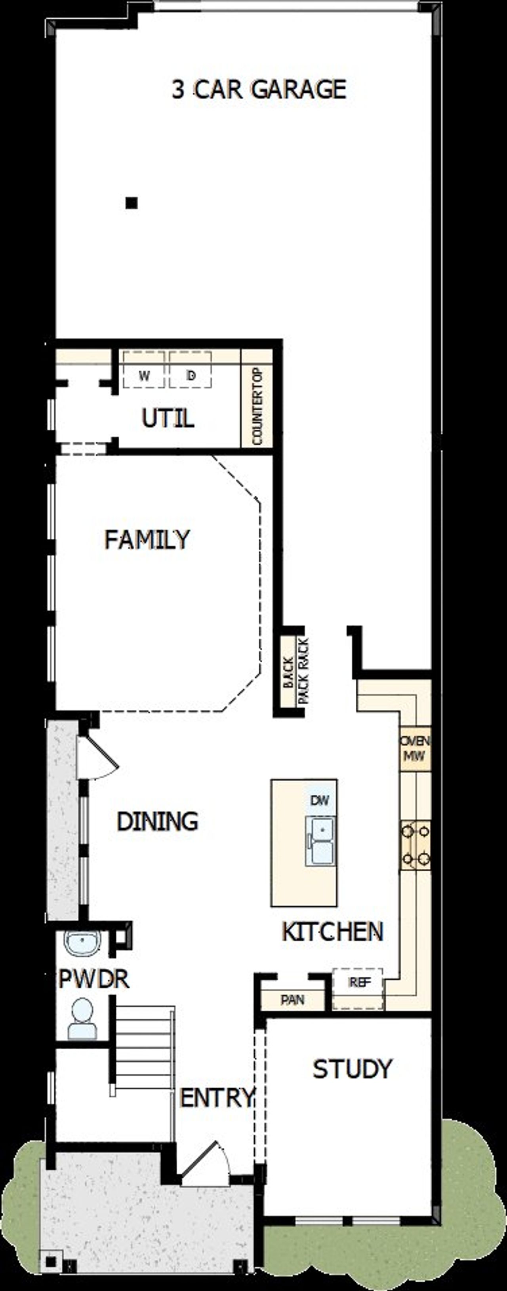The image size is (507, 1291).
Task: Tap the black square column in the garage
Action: (x=132, y=203)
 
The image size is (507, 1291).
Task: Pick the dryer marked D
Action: (x=190, y=376)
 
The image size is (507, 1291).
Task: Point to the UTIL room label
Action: (x=168, y=418)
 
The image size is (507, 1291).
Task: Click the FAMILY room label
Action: (x=147, y=540)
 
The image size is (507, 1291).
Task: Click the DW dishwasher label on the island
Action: (x=319, y=800)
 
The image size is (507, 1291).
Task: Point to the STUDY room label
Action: (x=352, y=1069)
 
